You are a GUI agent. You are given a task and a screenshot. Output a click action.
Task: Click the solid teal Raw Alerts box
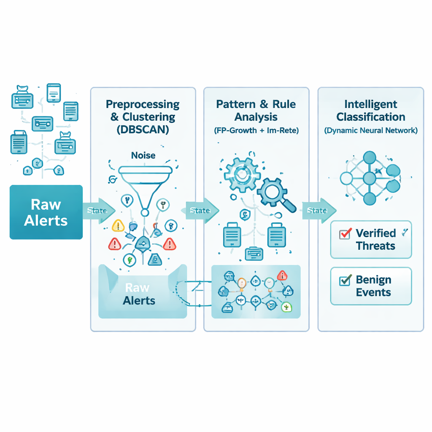46,212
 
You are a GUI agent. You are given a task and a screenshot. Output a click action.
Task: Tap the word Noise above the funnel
143,156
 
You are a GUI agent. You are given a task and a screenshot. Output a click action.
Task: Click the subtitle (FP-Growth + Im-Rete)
256,130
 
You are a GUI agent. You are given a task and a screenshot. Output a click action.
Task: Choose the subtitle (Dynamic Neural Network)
371,130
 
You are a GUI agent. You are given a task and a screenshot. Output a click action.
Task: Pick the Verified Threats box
371,239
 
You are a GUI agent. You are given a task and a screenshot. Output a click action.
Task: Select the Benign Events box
371,286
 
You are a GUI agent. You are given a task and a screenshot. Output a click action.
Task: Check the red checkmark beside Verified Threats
345,233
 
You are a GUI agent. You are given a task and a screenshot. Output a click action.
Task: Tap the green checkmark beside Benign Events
345,279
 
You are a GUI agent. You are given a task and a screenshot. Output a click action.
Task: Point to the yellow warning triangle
118,226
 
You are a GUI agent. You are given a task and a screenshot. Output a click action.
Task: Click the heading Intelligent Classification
371,111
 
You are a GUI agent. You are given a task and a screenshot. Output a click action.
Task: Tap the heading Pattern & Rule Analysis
256,111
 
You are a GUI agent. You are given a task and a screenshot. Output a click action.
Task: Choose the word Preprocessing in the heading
143,104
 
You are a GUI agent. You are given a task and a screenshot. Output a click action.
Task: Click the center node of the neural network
369,178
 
